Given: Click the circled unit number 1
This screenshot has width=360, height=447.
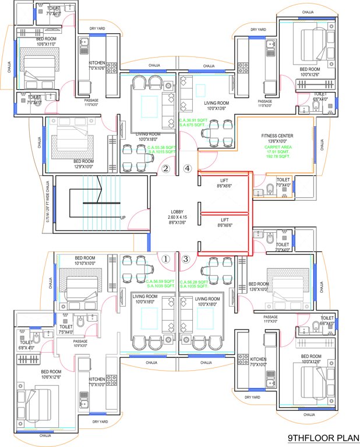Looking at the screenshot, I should pyautogui.click(x=166, y=260).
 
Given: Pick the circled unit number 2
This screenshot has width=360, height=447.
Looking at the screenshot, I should pyautogui.click(x=166, y=169).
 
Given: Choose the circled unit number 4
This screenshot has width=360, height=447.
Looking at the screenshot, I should pyautogui.click(x=187, y=169).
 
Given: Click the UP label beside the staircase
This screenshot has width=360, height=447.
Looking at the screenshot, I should pyautogui.click(x=123, y=217).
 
